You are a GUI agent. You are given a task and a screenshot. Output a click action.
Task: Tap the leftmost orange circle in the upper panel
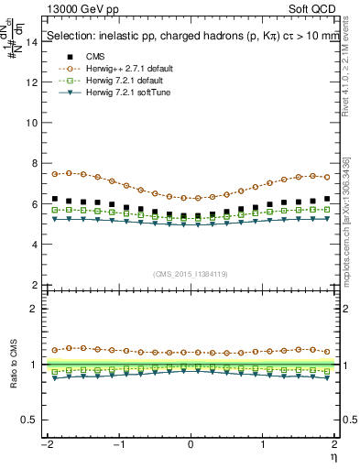pos(55,174)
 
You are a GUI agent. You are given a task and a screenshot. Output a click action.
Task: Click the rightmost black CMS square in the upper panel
pos(327,198)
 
